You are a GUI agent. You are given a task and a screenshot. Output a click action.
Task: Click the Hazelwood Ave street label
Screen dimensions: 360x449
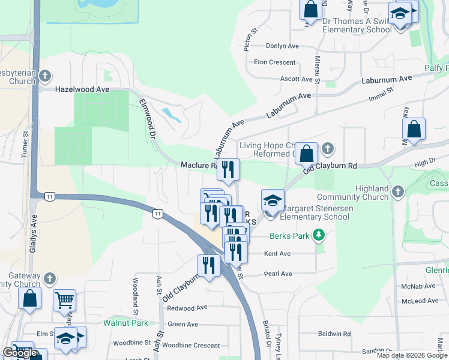pos(82,89)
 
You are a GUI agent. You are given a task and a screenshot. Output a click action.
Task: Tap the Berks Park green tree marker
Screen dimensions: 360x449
pos(321,235)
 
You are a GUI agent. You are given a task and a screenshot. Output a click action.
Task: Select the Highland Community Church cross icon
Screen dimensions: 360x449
pos(397,192)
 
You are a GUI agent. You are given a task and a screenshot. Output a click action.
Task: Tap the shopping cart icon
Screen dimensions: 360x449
pos(64,299)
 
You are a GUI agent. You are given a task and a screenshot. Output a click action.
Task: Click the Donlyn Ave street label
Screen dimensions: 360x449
pos(277,46)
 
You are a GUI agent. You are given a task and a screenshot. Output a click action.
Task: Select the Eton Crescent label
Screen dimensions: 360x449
pos(275,62)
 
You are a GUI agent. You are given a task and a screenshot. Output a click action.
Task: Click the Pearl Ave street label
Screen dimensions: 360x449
pos(278,274)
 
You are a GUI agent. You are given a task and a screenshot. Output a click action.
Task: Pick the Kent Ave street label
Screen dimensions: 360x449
pos(277,254)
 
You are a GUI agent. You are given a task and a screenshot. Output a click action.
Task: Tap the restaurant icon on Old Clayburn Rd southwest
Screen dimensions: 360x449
pos(209,265)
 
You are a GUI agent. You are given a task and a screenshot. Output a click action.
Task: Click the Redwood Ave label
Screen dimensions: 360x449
pos(187,308)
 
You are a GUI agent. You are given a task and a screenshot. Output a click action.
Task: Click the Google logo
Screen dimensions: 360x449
pos(20,353)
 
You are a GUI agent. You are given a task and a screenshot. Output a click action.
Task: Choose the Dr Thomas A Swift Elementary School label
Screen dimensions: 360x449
pos(357,25)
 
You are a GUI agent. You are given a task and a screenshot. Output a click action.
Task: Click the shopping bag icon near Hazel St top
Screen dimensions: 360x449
pos(311,10)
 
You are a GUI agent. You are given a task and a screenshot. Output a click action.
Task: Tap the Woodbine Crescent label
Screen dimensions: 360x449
pos(191,346)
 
